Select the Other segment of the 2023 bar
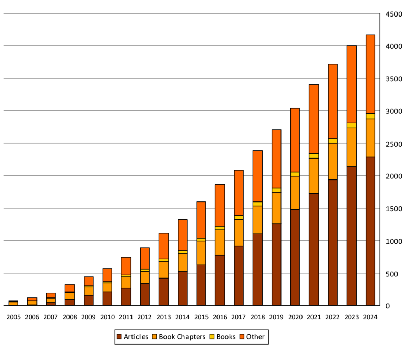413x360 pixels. click(x=351, y=84)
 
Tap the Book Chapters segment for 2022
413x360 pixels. click(x=332, y=161)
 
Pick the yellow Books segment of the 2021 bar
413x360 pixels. click(x=314, y=156)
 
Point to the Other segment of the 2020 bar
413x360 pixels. click(x=295, y=140)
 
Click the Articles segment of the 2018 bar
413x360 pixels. click(x=257, y=270)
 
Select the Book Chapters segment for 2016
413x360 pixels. click(x=220, y=242)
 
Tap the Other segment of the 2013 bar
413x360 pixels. click(x=164, y=246)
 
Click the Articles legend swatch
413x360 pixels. click(x=119, y=337)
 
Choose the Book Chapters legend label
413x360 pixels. click(x=182, y=337)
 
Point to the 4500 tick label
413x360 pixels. click(x=394, y=14)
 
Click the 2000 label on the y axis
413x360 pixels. click(x=394, y=176)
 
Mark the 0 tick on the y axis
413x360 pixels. click(x=388, y=306)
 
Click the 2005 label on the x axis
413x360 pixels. click(x=13, y=317)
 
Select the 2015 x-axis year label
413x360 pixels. click(x=201, y=317)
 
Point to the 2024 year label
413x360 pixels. click(x=370, y=317)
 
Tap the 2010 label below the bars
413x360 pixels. click(x=107, y=317)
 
